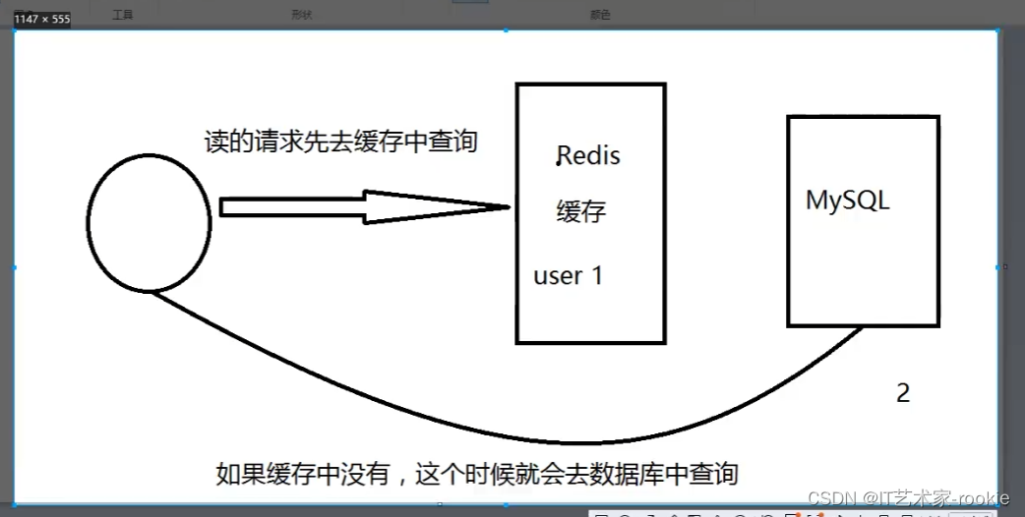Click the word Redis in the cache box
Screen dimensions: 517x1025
coord(590,156)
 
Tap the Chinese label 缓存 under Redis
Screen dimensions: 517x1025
coord(581,211)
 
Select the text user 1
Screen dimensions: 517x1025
coord(568,276)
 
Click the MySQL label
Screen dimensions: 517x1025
coord(848,201)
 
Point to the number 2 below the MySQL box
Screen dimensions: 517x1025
coord(903,393)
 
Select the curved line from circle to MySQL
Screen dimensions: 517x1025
coord(512,439)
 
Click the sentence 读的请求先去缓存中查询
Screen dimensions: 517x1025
coord(340,142)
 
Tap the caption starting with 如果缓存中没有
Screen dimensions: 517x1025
coord(477,474)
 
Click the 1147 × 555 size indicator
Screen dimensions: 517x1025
coord(41,20)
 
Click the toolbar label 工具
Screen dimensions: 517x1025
coord(122,16)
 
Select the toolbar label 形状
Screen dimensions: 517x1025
coord(301,16)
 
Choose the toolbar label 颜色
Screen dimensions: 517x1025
coord(599,16)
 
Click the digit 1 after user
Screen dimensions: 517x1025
coord(596,276)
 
